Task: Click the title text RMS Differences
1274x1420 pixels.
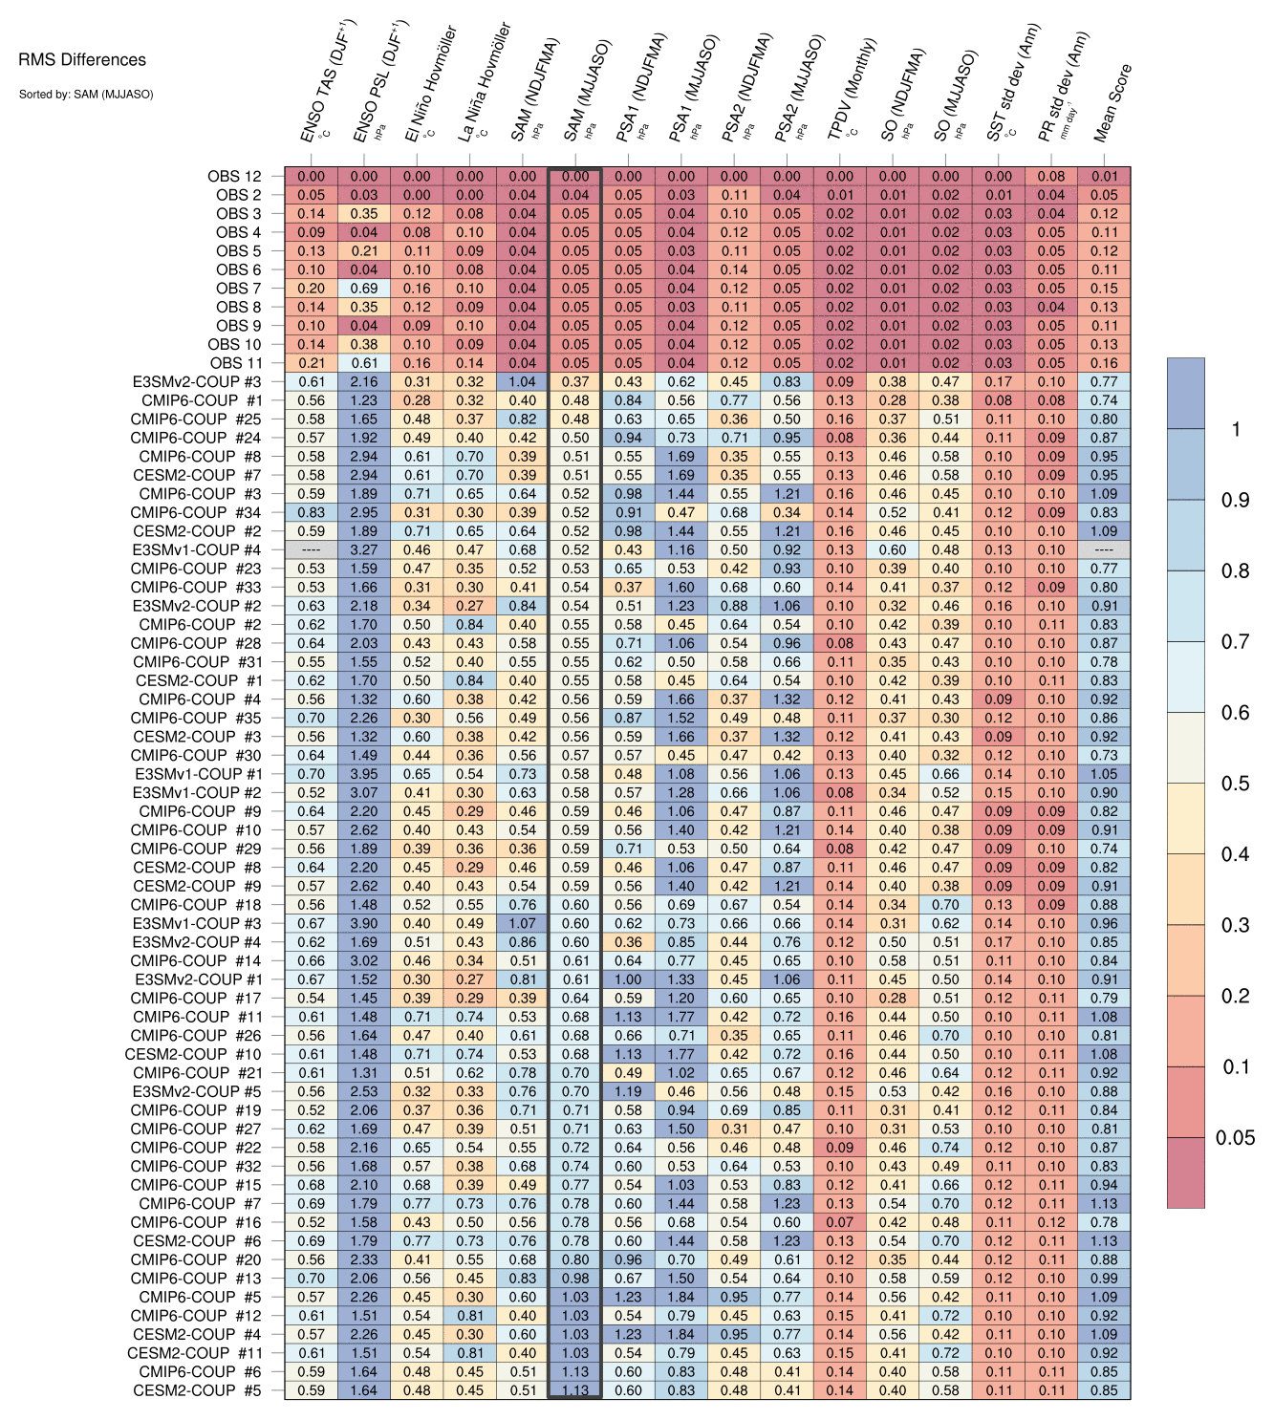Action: click(x=82, y=60)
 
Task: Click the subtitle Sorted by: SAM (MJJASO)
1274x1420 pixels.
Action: click(x=85, y=94)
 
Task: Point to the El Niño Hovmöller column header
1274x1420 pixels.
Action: click(x=430, y=84)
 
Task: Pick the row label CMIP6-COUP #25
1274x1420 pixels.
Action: click(x=195, y=419)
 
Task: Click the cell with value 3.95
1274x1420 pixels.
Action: click(x=363, y=774)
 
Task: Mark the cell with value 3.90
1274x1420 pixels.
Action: click(x=363, y=923)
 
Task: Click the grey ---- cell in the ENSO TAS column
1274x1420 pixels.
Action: click(x=311, y=550)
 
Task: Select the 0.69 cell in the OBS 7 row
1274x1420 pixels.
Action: click(x=363, y=289)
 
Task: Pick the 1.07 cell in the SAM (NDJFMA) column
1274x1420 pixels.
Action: click(x=522, y=923)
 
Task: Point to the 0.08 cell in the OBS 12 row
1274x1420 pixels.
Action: click(x=1050, y=176)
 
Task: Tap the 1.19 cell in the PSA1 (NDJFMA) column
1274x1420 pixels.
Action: click(x=628, y=1091)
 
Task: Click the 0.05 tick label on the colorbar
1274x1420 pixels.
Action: click(x=1235, y=1137)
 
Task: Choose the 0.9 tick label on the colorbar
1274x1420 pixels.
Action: click(x=1235, y=500)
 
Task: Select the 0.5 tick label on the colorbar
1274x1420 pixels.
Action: click(x=1235, y=784)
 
